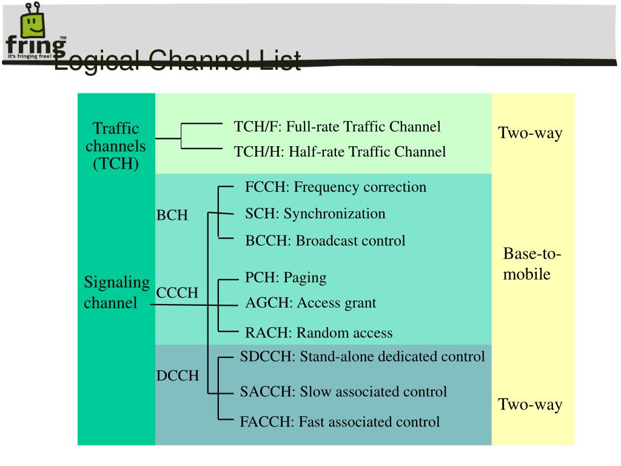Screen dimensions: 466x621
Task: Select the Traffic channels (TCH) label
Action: [x=116, y=146]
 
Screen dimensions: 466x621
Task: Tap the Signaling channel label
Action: [x=116, y=292]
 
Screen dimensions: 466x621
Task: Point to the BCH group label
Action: [x=172, y=215]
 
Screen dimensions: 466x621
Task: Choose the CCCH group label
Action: [x=177, y=292]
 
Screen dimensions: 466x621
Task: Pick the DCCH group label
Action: [x=177, y=376]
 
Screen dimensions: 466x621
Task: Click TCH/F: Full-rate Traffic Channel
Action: [x=337, y=127]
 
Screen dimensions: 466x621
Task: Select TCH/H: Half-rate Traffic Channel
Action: [x=340, y=152]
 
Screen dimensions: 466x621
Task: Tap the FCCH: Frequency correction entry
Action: [x=335, y=187]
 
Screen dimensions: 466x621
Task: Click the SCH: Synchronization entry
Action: [x=315, y=214]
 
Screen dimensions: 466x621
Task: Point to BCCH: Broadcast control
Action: [x=325, y=241]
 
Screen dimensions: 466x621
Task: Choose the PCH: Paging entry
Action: [x=286, y=278]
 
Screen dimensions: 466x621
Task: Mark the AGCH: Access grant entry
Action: [x=310, y=303]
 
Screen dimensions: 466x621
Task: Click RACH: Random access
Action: [x=318, y=333]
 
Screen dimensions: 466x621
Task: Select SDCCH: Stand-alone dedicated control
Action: [x=362, y=356]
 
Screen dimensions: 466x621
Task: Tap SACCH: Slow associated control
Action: [x=343, y=392]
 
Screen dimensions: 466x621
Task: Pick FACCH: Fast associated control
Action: [x=340, y=422]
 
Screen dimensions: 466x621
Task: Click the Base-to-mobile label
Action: [x=532, y=264]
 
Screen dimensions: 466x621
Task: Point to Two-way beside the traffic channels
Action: [x=530, y=133]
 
